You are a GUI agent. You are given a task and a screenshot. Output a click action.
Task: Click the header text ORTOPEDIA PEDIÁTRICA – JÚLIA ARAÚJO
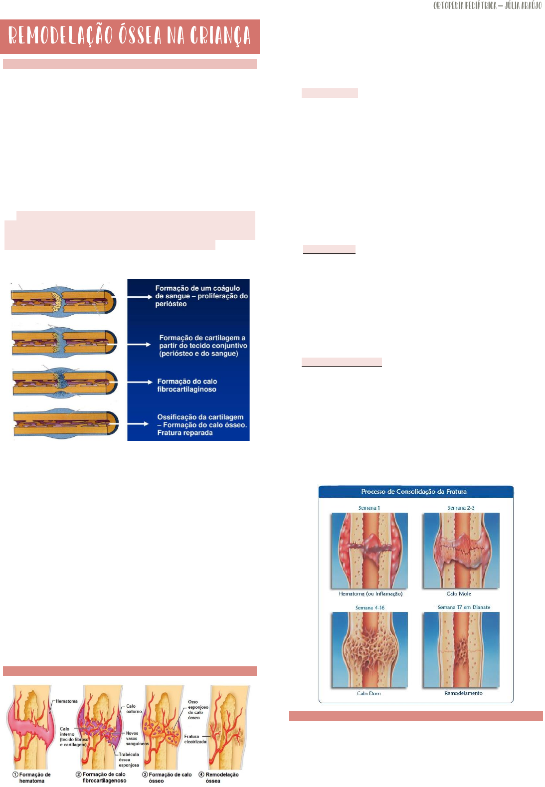point(487,6)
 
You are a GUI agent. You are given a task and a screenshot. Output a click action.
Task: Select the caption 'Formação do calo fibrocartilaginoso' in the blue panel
point(187,386)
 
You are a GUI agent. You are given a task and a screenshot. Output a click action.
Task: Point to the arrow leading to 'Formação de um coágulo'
point(139,297)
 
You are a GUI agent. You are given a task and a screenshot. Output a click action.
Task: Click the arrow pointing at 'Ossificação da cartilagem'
point(138,424)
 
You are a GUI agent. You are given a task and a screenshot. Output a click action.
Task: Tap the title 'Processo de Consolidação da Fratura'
point(414,492)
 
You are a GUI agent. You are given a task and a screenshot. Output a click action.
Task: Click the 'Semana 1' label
point(369,508)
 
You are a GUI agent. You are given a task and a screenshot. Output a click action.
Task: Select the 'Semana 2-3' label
point(461,508)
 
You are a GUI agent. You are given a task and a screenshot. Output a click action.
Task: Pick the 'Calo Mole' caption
point(459,594)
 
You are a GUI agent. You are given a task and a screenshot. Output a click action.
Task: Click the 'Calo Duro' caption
point(368,694)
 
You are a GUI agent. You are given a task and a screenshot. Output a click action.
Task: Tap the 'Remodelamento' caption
point(463,693)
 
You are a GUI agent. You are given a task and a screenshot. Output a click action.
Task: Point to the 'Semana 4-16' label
point(369,608)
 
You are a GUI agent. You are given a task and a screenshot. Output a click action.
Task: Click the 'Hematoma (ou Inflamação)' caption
point(370,594)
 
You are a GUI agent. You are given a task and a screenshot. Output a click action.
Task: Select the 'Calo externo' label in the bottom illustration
point(134,709)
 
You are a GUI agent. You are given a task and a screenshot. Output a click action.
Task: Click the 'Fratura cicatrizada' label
point(195,739)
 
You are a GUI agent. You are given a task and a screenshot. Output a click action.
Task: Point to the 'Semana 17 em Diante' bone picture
point(461,650)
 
